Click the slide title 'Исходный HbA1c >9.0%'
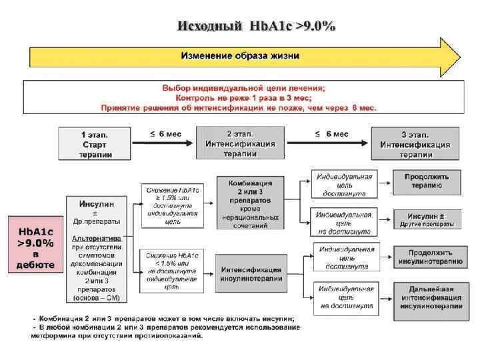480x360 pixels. pos(257,26)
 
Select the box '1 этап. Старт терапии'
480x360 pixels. pos(95,143)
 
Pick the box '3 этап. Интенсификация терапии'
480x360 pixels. pos(415,144)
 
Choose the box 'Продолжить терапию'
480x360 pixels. pos(425,181)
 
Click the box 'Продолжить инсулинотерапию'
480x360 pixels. pos(425,257)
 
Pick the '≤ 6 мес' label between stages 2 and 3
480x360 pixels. pos(331,133)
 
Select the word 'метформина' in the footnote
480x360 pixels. pos(52,336)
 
